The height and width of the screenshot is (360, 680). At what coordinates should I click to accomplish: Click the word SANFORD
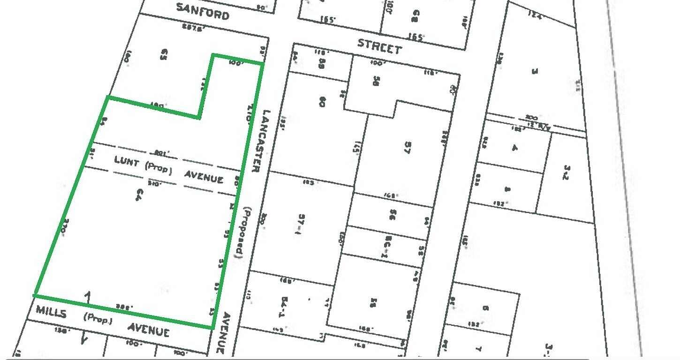pyautogui.click(x=203, y=11)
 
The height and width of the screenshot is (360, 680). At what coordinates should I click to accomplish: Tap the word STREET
pyautogui.click(x=379, y=46)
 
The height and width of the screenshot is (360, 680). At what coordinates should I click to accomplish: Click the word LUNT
pyautogui.click(x=127, y=162)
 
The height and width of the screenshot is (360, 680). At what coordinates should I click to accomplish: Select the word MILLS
pyautogui.click(x=51, y=311)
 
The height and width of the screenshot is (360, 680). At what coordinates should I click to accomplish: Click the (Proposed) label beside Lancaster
pyautogui.click(x=242, y=232)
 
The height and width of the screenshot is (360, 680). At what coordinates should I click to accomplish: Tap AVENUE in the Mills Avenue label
pyautogui.click(x=148, y=330)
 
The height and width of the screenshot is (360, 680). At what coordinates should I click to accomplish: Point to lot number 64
pyautogui.click(x=138, y=195)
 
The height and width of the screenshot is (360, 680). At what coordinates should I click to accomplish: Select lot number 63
pyautogui.click(x=164, y=60)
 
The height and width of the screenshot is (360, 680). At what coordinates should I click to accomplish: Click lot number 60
pyautogui.click(x=322, y=101)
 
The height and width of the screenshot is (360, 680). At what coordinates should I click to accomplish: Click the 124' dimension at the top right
pyautogui.click(x=535, y=15)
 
